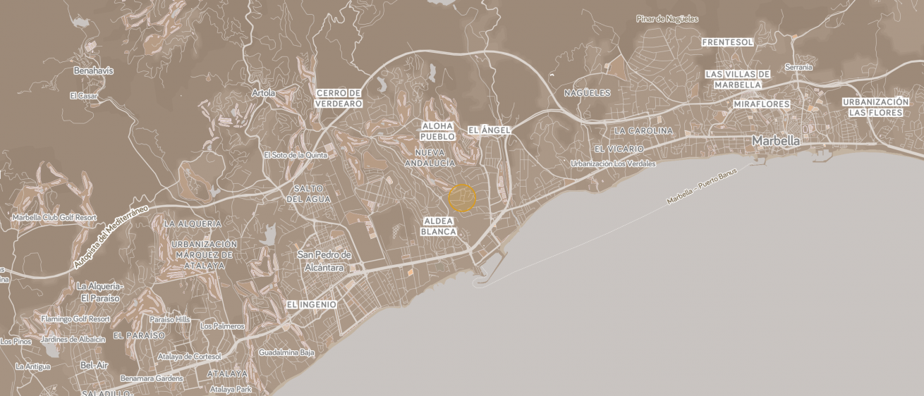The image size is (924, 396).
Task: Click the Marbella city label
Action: click(776, 141)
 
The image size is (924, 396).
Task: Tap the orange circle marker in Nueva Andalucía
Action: click(462, 198)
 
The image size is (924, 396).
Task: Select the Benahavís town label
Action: click(93, 71)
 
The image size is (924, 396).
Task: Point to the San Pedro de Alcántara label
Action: click(324, 261)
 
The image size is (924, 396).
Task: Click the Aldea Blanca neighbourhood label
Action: click(439, 226)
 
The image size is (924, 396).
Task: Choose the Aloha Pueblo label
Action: click(437, 131)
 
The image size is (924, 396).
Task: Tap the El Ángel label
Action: click(489, 130)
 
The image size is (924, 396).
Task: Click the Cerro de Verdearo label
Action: click(339, 98)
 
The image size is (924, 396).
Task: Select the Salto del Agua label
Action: click(308, 194)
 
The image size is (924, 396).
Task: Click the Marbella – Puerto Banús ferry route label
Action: click(701, 187)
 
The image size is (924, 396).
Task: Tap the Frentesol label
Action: click(728, 42)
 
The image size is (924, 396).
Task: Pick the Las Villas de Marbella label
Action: click(738, 79)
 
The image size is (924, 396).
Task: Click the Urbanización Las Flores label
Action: click(875, 107)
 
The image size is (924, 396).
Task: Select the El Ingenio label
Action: click(311, 304)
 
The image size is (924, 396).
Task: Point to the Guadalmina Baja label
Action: click(286, 352)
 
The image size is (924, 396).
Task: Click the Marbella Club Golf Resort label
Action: click(54, 218)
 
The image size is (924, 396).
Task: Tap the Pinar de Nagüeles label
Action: click(667, 19)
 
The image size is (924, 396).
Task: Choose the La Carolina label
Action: click(643, 131)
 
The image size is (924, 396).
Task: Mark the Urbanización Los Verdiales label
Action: click(613, 163)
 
